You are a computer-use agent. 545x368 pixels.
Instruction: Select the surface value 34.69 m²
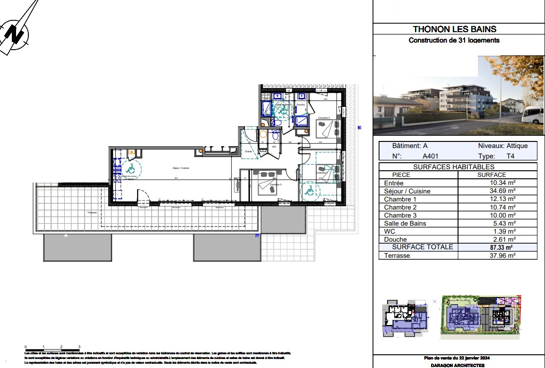(x=502, y=191)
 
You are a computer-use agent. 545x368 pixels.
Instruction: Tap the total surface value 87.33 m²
(x=502, y=247)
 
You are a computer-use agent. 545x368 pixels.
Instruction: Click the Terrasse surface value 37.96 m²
(x=502, y=255)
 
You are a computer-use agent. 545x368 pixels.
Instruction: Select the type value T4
(x=510, y=156)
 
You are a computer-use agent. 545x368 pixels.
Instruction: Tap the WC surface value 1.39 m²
(x=502, y=231)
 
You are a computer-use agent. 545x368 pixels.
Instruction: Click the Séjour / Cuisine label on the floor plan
(x=181, y=168)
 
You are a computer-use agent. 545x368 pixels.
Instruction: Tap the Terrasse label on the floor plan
(x=92, y=212)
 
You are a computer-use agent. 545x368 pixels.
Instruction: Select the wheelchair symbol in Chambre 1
(x=310, y=191)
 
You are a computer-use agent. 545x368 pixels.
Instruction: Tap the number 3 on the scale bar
(x=79, y=347)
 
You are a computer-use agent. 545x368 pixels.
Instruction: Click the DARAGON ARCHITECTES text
(x=457, y=366)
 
